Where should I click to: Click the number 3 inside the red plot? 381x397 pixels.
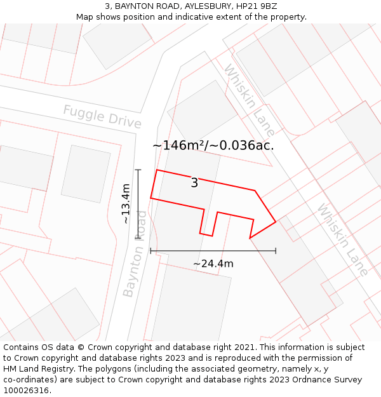coord(194,184)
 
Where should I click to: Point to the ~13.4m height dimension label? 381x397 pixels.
coord(126,204)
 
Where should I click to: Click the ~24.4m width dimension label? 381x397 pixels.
coord(213,264)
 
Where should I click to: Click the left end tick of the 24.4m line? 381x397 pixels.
coord(150,251)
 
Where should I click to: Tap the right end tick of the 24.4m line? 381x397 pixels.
coord(276,251)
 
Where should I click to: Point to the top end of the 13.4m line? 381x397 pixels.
coord(138,170)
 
